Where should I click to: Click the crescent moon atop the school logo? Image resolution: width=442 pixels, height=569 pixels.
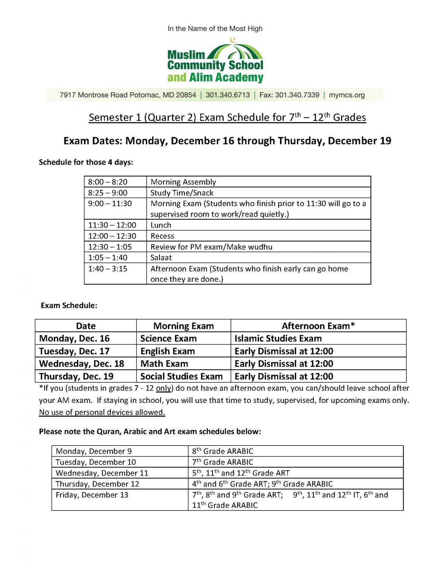click(232, 40)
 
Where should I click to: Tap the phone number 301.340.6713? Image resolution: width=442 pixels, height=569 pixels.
click(228, 95)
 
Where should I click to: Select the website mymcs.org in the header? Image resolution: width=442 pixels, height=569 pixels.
click(347, 95)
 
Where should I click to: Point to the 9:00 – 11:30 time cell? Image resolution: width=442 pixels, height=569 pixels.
click(110, 204)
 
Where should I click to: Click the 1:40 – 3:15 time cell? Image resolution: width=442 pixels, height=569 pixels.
click(108, 269)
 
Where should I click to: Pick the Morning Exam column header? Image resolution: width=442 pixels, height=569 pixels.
click(183, 326)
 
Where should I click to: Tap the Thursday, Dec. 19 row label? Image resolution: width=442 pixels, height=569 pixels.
click(76, 376)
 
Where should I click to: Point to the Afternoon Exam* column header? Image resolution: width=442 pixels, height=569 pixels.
click(318, 326)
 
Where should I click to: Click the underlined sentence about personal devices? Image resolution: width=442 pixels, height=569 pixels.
click(102, 412)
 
